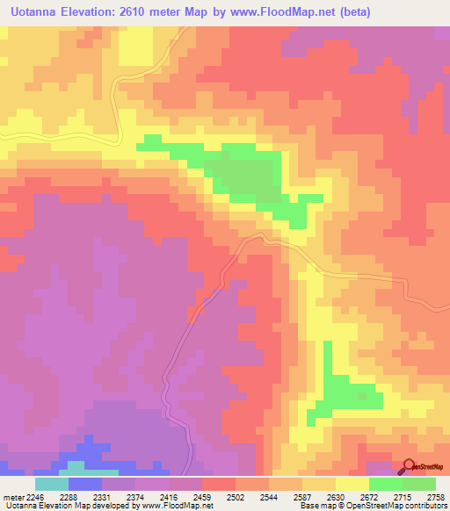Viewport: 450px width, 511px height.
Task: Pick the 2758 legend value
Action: [435, 496]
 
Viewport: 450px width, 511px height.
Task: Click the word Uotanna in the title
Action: [36, 11]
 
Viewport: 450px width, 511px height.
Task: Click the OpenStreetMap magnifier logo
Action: [408, 467]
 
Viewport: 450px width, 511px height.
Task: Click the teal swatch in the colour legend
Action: [52, 484]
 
